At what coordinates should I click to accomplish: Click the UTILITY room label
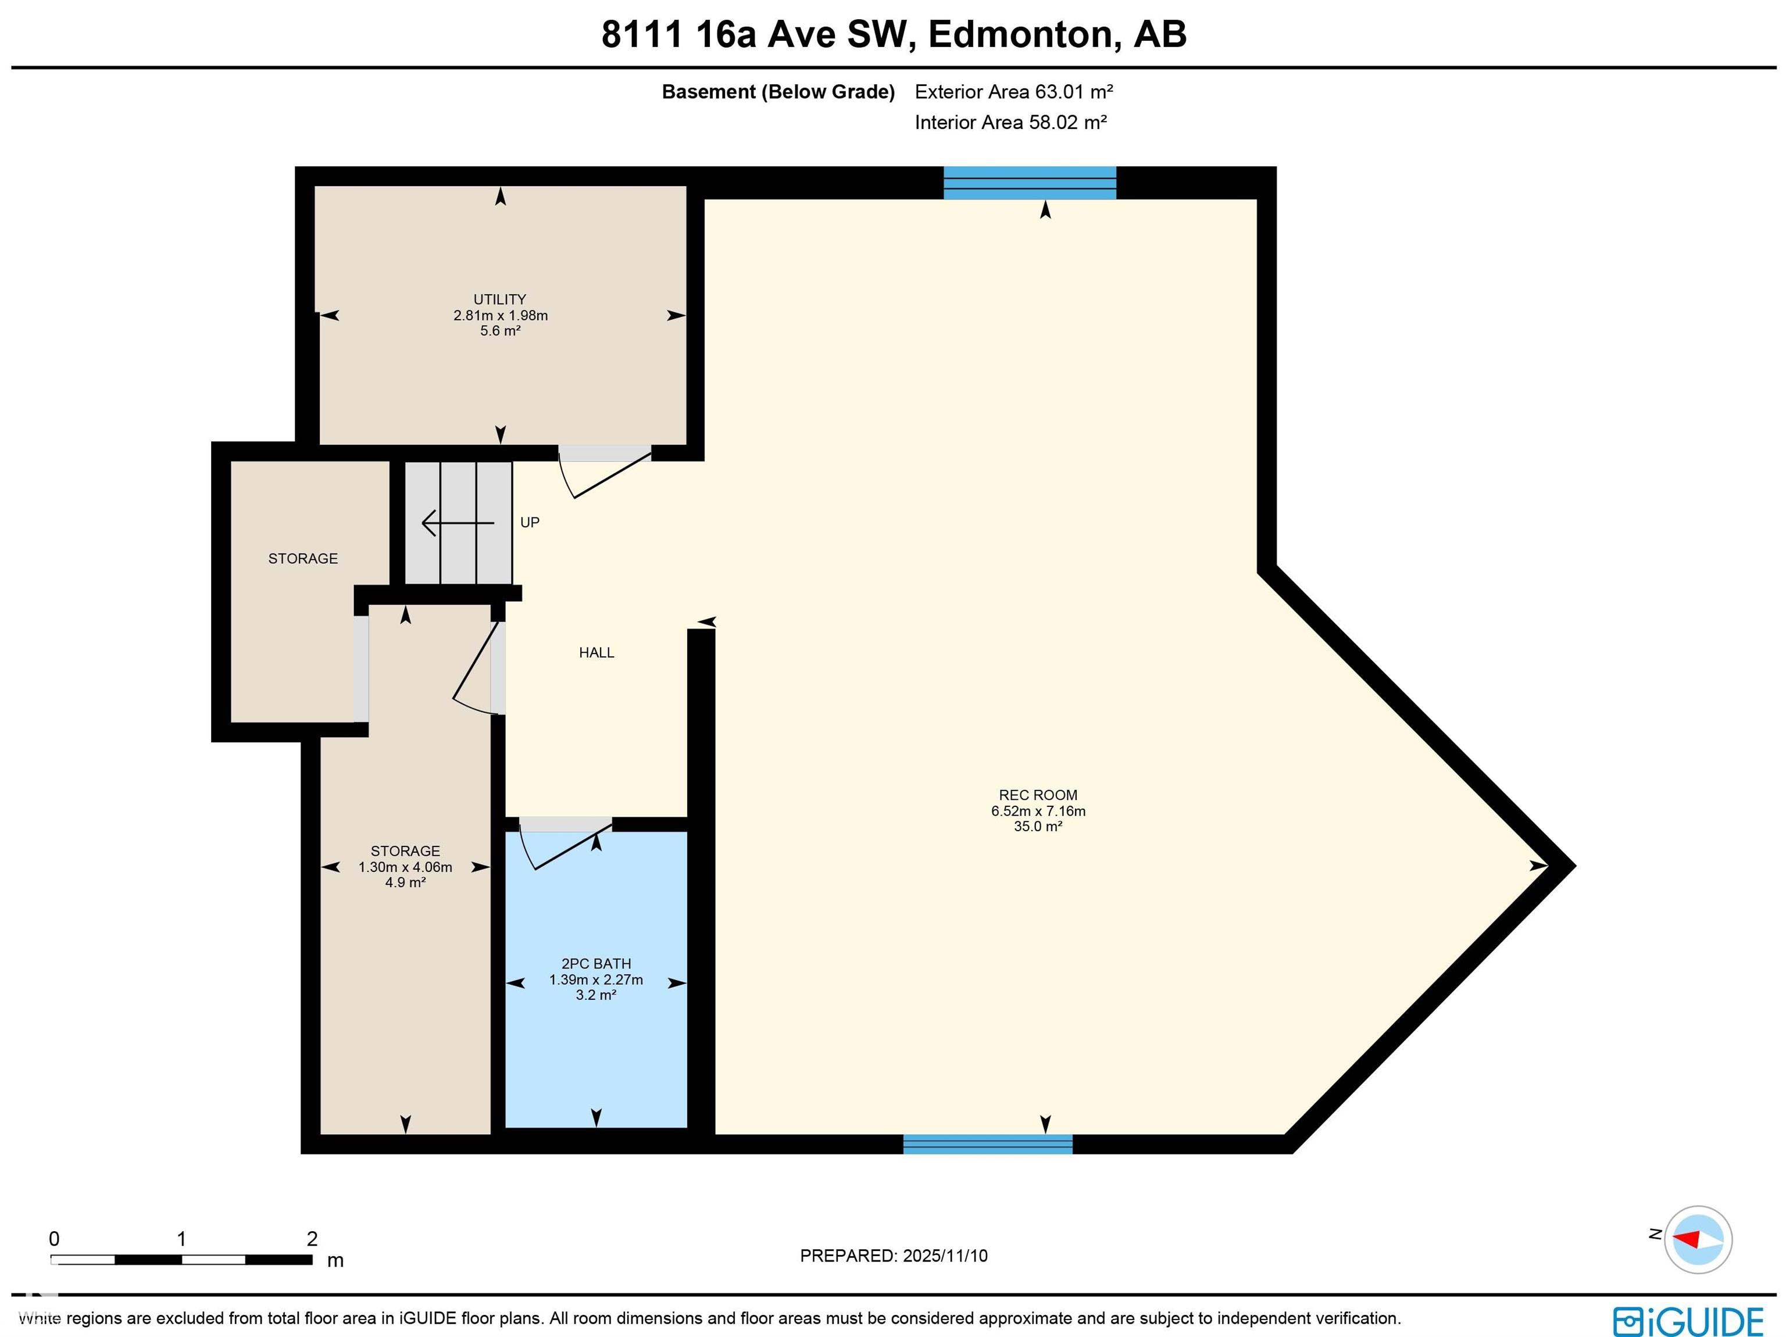click(x=500, y=299)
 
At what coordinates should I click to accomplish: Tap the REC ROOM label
click(x=1038, y=795)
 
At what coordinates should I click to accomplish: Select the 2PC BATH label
click(x=596, y=964)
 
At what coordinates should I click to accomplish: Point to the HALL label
click(x=596, y=652)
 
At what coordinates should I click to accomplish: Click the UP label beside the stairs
click(x=530, y=523)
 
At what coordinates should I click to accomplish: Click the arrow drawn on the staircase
click(x=457, y=523)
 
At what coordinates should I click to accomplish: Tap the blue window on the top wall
click(x=1030, y=183)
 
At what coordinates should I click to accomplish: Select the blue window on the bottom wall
click(x=987, y=1144)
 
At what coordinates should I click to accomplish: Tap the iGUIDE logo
click(x=1688, y=1322)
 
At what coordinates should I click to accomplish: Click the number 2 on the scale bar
click(x=312, y=1239)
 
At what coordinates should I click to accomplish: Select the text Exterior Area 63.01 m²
click(x=1014, y=92)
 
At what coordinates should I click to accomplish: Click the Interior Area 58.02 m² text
click(x=1011, y=123)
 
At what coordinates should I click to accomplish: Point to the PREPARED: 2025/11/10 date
click(x=894, y=1256)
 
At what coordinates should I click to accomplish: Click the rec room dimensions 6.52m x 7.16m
click(x=1038, y=812)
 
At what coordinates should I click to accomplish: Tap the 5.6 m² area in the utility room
click(x=500, y=331)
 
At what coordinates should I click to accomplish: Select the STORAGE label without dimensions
click(x=303, y=559)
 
